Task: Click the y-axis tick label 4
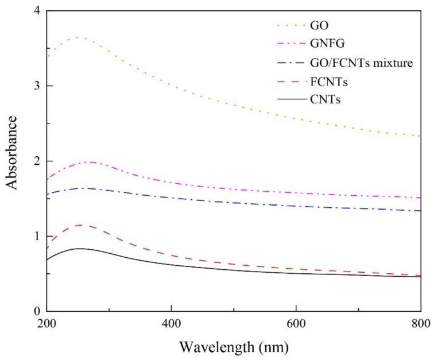pyautogui.click(x=36, y=11)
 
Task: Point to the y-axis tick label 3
pyautogui.click(x=36, y=86)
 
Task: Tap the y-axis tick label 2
pyautogui.click(x=36, y=161)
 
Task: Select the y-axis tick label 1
pyautogui.click(x=36, y=237)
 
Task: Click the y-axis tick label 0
pyautogui.click(x=36, y=311)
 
